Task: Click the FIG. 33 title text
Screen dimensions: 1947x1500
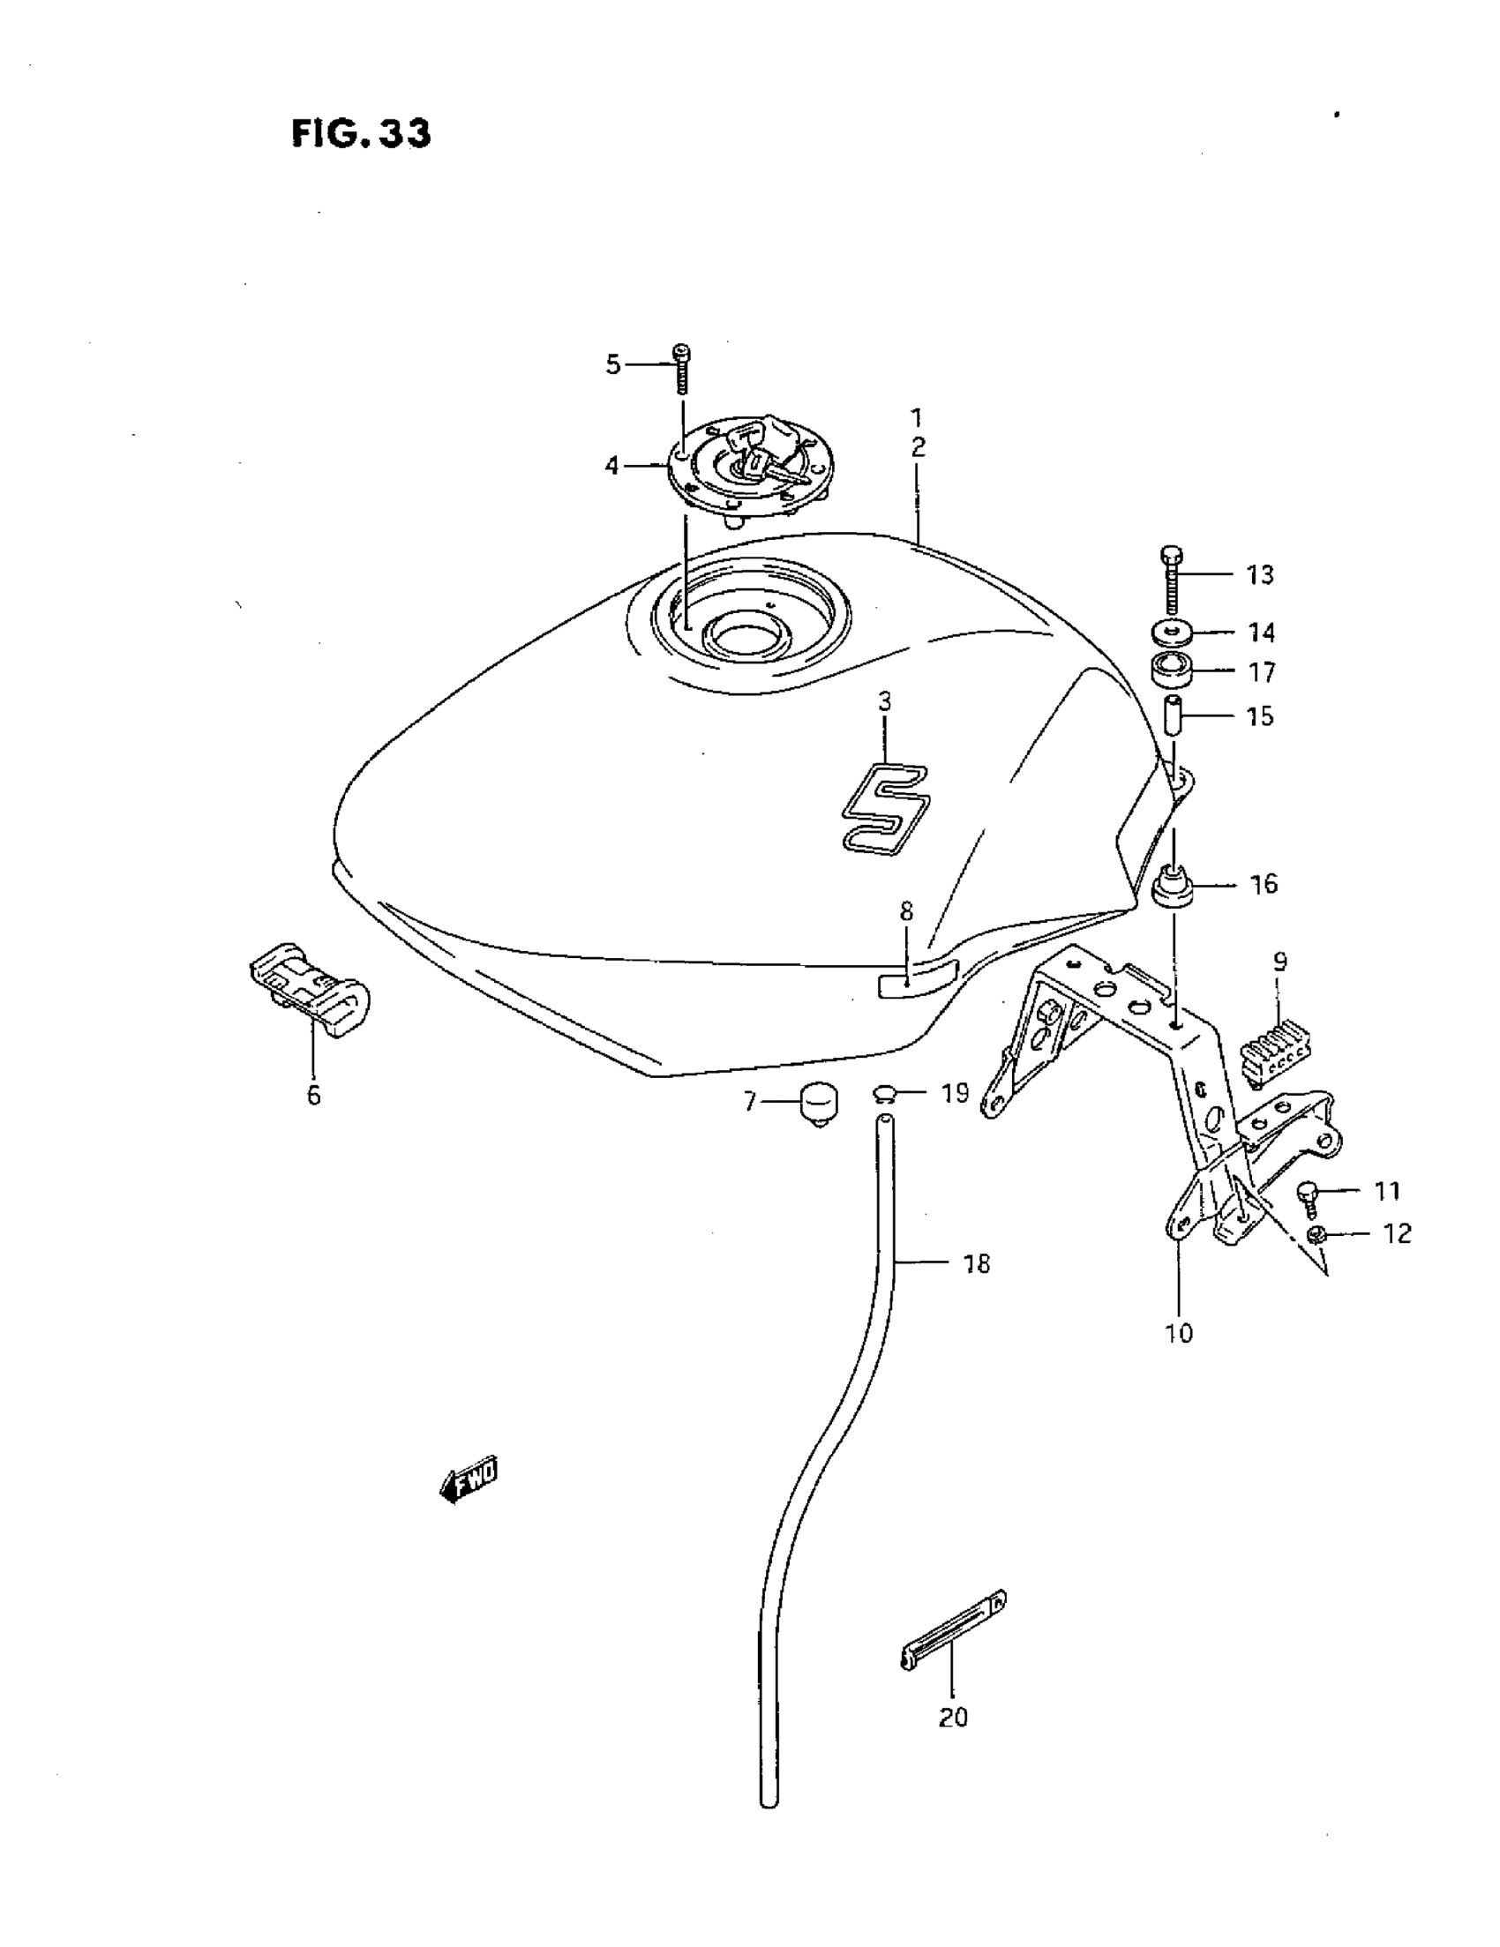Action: pos(361,134)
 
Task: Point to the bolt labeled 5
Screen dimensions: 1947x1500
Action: pos(682,367)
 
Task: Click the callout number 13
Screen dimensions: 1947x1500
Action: pos(1259,575)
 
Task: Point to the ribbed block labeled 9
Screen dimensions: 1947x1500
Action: pos(1277,1052)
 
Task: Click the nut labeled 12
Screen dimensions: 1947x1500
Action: pos(1315,1235)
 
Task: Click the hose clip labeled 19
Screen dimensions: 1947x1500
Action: pos(886,1095)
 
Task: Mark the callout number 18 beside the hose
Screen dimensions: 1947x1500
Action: pos(977,1263)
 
